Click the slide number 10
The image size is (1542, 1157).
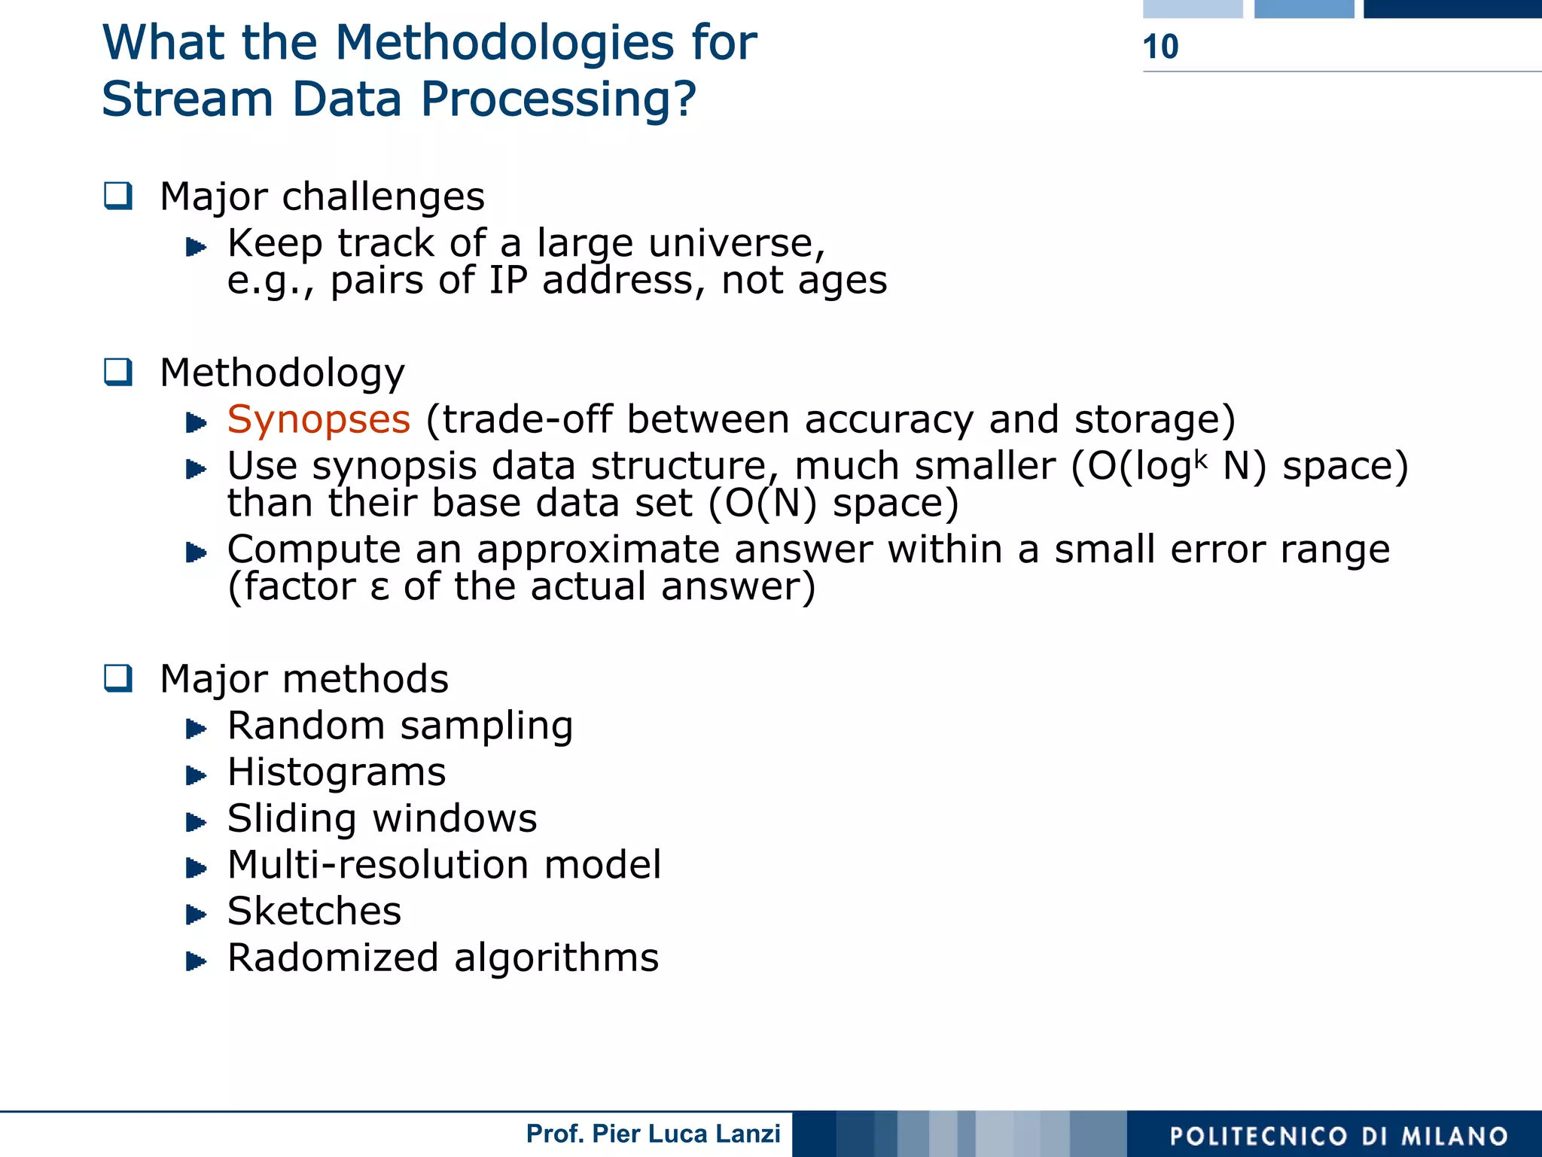coord(1160,47)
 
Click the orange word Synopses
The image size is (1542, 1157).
coord(318,419)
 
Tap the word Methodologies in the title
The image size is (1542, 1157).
coord(504,42)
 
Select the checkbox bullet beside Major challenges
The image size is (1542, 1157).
coord(118,196)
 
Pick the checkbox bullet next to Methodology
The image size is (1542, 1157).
coord(118,372)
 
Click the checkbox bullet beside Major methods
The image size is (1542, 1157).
coord(118,678)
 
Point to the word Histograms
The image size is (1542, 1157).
coord(337,772)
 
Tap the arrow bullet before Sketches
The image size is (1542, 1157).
coord(196,915)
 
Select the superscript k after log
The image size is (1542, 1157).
coord(1200,457)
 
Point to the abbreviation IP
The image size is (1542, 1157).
coord(508,280)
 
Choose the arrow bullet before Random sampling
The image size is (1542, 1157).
coord(196,729)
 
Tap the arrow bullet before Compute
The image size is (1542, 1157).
coord(196,553)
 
